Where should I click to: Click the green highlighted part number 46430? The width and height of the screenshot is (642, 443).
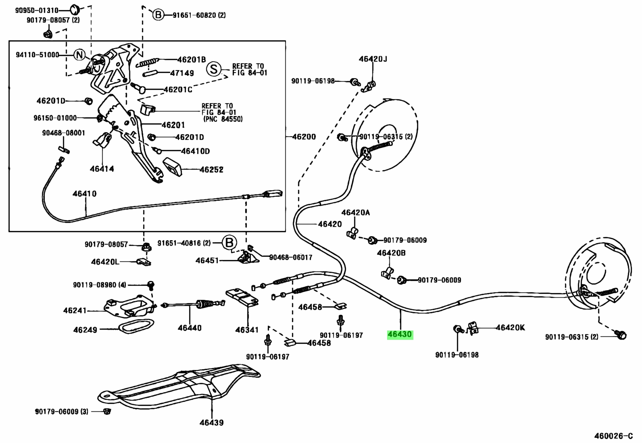[400, 335]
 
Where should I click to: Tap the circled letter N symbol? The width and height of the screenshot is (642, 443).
[80, 55]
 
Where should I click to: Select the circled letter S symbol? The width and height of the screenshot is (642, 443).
[214, 69]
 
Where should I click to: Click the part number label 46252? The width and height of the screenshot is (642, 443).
[212, 170]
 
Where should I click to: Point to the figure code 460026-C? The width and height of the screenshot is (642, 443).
[613, 436]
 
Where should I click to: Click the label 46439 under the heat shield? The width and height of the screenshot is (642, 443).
[212, 423]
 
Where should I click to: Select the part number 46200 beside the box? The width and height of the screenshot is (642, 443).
[304, 137]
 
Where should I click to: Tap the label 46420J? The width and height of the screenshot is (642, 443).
[373, 59]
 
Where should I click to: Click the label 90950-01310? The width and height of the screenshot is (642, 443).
[37, 10]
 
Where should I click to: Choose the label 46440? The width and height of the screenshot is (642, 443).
[190, 328]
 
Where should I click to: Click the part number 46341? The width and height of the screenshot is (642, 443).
[247, 330]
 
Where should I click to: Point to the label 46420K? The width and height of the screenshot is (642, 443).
[511, 328]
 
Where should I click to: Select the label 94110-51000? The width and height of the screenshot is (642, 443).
[38, 55]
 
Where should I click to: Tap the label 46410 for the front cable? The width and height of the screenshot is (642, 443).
[85, 194]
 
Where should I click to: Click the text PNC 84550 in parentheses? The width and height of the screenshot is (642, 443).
[223, 119]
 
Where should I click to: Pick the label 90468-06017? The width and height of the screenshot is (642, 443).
[291, 257]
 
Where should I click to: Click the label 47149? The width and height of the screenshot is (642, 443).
[182, 73]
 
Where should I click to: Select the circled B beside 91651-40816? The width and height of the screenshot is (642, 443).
[229, 243]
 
